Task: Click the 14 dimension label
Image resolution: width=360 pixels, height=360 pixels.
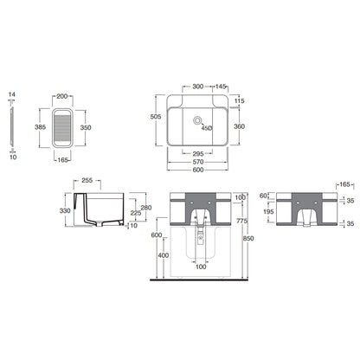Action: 12,94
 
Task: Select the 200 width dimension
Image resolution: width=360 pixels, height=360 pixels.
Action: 62,96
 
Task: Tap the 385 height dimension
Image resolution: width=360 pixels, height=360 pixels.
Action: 40,127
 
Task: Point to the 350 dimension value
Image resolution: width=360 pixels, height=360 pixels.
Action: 86,127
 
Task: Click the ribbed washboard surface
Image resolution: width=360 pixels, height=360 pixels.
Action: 62,128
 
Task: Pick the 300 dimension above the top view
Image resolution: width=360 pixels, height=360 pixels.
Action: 198,87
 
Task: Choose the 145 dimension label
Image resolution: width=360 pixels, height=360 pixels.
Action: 221,87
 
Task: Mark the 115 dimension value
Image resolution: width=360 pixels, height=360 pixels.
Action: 240,100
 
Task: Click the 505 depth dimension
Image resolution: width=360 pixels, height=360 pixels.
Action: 156,117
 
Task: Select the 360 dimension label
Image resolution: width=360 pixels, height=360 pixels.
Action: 239,126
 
